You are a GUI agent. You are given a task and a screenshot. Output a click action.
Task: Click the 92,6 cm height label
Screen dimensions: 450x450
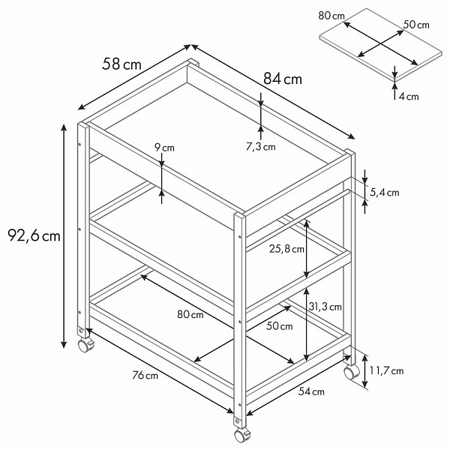coord(34,236)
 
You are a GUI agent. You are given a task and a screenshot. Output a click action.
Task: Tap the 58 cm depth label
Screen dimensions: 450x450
coord(121,64)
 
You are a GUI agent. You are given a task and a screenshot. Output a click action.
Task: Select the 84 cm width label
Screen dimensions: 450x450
coord(283,79)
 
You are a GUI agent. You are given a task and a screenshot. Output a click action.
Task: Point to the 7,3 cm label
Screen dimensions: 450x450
coord(260,147)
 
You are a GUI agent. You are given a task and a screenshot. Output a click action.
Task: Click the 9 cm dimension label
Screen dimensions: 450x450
coord(164,148)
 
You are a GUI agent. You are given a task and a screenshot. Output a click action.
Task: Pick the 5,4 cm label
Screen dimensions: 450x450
coord(384,192)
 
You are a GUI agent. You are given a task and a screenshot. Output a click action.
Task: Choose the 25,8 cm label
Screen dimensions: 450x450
coord(286,249)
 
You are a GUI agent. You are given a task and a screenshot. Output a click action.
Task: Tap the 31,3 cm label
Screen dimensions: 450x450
coord(325,307)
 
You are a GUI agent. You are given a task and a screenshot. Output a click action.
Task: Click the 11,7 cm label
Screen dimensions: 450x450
coord(386,370)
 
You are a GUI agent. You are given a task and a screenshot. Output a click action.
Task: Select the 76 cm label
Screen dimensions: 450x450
coord(145,375)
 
